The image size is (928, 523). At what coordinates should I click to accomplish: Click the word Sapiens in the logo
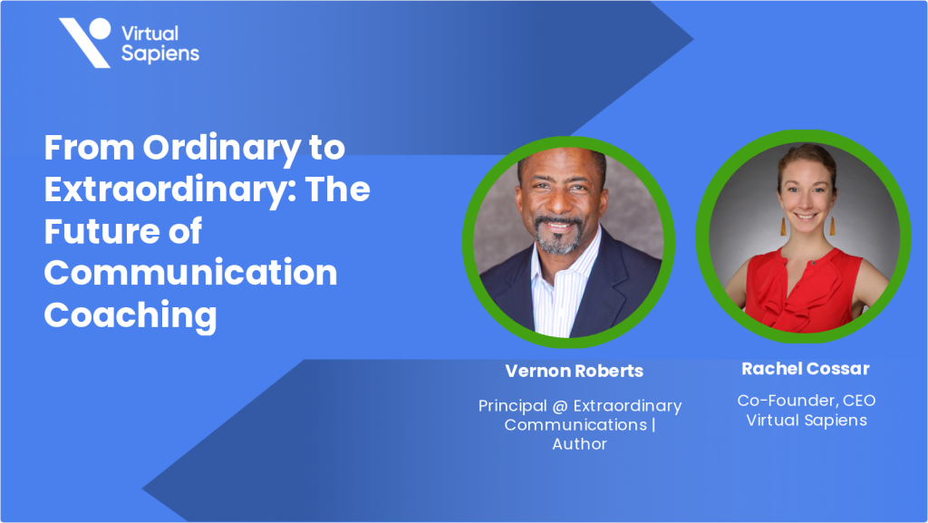160,53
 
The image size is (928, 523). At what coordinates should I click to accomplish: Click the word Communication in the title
190,274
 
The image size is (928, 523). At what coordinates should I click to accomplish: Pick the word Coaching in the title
130,316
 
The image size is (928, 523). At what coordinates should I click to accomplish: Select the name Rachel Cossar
806,369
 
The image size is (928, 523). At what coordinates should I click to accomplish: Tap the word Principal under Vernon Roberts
513,406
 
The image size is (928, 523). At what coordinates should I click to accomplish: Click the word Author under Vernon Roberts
579,444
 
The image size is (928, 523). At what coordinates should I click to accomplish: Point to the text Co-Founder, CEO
806,401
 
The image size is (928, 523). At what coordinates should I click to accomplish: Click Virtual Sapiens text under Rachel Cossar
806,420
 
